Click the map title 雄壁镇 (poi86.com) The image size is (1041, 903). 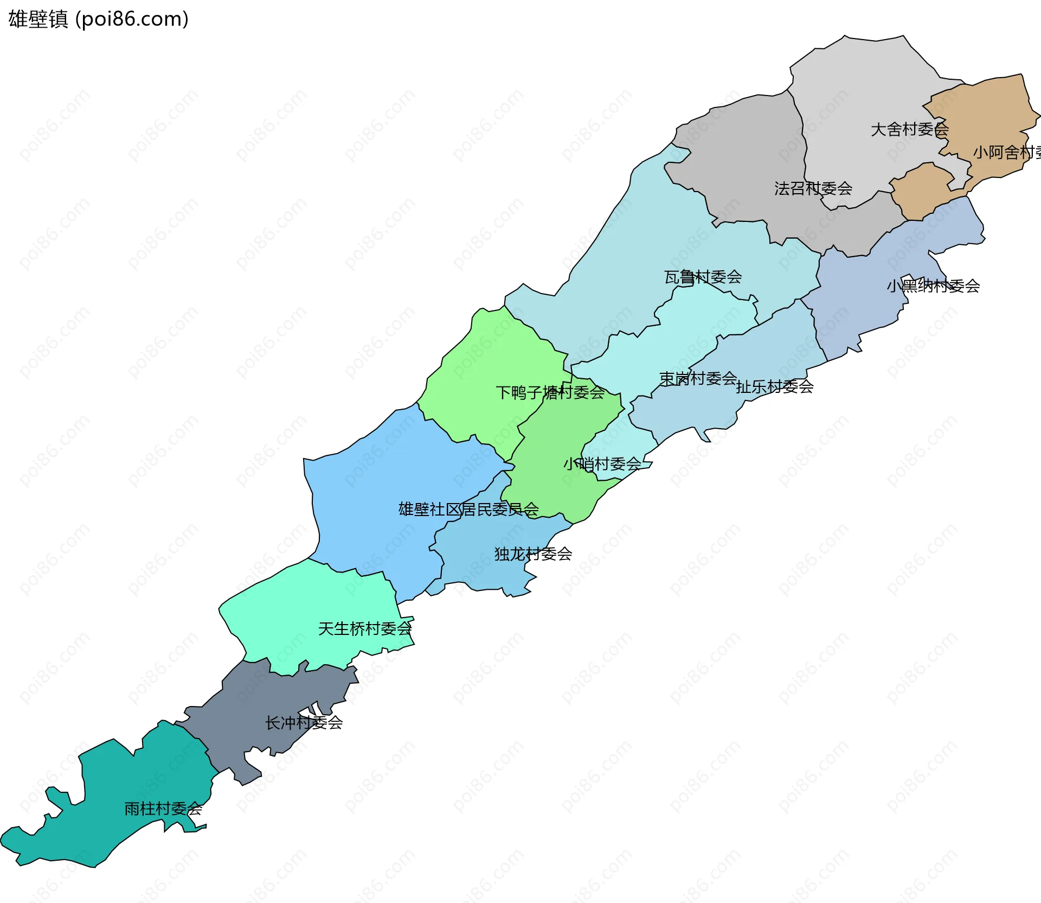pyautogui.click(x=98, y=19)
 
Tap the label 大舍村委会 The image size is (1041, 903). pyautogui.click(x=909, y=129)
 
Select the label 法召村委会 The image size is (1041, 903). pyautogui.click(x=813, y=188)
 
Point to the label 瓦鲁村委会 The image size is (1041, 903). pyautogui.click(x=703, y=277)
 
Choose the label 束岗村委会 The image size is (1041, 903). pyautogui.click(x=698, y=378)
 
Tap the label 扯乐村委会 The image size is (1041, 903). pyautogui.click(x=775, y=386)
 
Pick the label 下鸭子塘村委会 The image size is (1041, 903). pyautogui.click(x=550, y=392)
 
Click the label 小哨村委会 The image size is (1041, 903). pyautogui.click(x=602, y=464)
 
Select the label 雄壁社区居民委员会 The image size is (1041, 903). pyautogui.click(x=468, y=509)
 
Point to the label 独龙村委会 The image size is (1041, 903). pyautogui.click(x=533, y=554)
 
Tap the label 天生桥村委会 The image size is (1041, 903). pyautogui.click(x=365, y=628)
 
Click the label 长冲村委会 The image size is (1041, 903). pyautogui.click(x=304, y=722)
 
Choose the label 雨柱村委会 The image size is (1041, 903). pyautogui.click(x=163, y=809)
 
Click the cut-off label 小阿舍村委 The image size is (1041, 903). pyautogui.click(x=1006, y=152)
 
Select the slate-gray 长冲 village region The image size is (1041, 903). pyautogui.click(x=255, y=700)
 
